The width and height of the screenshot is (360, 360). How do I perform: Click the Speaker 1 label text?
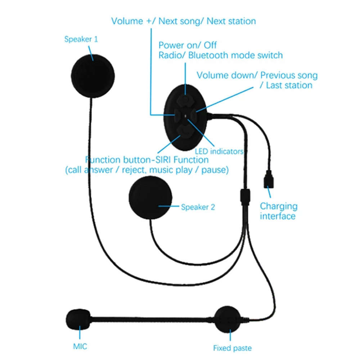point(81,39)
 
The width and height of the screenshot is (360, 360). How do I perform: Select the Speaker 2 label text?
point(198,207)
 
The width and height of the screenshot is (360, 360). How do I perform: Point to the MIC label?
point(80,347)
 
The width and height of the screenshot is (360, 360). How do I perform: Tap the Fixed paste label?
point(232,348)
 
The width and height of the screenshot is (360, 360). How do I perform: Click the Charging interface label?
point(279,211)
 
